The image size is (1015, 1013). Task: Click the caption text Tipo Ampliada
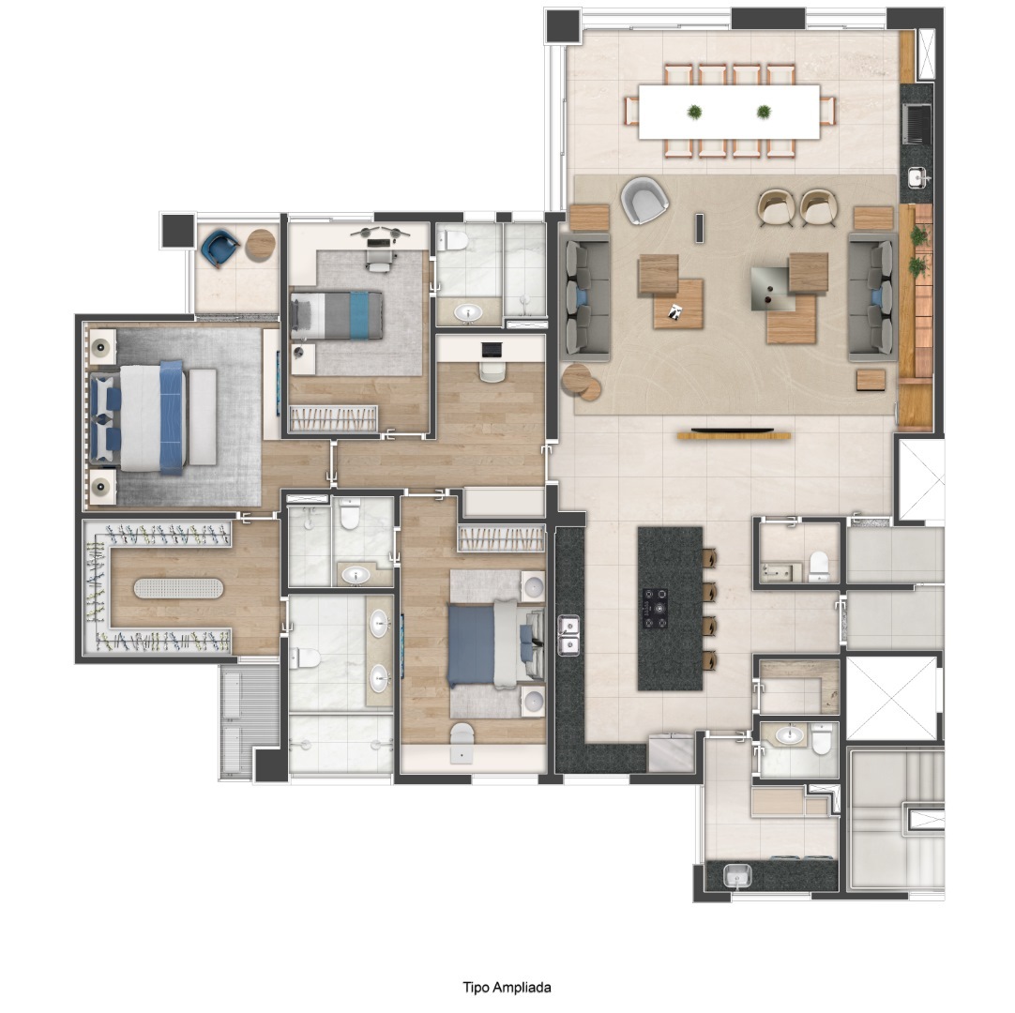coord(507,987)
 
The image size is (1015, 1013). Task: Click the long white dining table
coord(729,112)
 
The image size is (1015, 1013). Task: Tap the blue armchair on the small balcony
coord(219,248)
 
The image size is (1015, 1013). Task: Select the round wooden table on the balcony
coord(261,245)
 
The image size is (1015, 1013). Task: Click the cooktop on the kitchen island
coord(655,608)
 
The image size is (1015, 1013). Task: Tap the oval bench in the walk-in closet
coord(178,588)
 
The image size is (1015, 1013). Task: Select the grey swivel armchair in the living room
coord(644,200)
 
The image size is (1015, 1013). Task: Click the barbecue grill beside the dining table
coord(917,124)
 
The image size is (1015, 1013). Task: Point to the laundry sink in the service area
coord(737,876)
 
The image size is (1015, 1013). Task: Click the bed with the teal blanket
coord(336,315)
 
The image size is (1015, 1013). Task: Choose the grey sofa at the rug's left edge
coord(585,297)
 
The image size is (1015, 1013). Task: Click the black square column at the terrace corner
coord(562,26)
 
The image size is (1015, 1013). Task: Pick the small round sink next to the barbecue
coord(917,176)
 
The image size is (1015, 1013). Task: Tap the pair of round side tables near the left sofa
coord(581,382)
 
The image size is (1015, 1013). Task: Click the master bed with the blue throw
coord(154,417)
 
